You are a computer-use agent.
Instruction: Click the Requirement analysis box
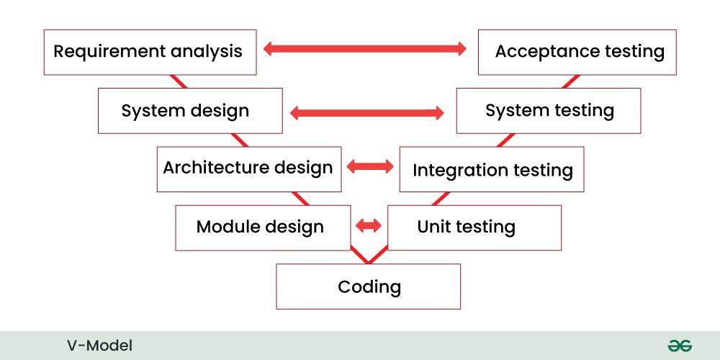click(150, 53)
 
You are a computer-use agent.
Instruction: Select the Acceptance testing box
click(577, 53)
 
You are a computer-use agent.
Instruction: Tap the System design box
click(190, 111)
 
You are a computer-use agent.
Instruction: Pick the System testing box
click(548, 111)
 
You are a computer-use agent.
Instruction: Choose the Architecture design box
click(249, 169)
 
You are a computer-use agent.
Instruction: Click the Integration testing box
click(492, 169)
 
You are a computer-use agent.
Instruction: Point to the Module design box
click(263, 228)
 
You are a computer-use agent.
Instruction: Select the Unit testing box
click(474, 228)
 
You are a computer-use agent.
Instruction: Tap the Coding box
click(368, 287)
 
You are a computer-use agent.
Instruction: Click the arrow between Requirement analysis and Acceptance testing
click(365, 49)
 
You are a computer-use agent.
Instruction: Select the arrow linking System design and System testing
click(367, 113)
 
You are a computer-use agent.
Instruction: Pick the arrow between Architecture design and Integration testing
click(370, 166)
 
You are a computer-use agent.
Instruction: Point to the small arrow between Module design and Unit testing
click(369, 225)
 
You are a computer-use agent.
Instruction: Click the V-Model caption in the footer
click(99, 346)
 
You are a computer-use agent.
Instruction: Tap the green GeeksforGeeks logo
click(680, 346)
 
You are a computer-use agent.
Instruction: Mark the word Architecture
click(216, 168)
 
